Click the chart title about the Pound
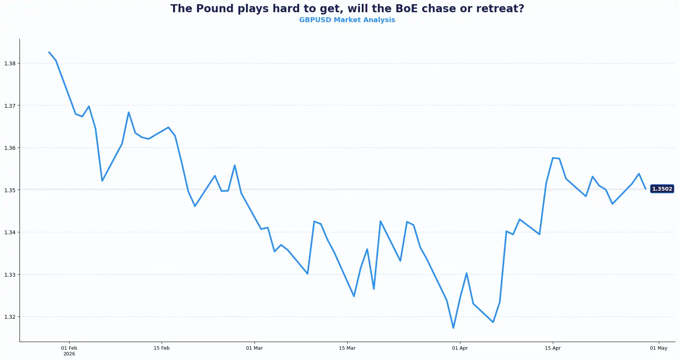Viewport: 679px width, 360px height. pyautogui.click(x=347, y=8)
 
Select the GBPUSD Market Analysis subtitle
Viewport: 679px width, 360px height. pyautogui.click(x=347, y=20)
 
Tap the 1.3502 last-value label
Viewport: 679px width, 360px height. pyautogui.click(x=662, y=189)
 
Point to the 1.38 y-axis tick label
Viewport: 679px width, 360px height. pyautogui.click(x=10, y=63)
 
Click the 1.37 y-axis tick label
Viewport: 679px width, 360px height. pyautogui.click(x=10, y=106)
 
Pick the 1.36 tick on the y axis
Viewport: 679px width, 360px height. pyautogui.click(x=10, y=148)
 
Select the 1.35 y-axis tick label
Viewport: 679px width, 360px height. pyautogui.click(x=10, y=190)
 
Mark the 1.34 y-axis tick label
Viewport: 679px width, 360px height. pyautogui.click(x=10, y=232)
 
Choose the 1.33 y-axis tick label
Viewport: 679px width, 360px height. pyautogui.click(x=10, y=275)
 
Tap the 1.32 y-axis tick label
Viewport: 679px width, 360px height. pyautogui.click(x=10, y=317)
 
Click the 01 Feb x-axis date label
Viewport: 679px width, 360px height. pyautogui.click(x=69, y=348)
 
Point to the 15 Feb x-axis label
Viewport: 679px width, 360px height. pyautogui.click(x=162, y=348)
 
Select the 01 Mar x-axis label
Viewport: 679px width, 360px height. pyautogui.click(x=254, y=348)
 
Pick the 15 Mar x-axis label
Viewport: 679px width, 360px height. pyautogui.click(x=347, y=348)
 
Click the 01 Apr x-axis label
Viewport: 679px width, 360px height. pyautogui.click(x=460, y=348)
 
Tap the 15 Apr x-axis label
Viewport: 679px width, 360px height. pyautogui.click(x=553, y=348)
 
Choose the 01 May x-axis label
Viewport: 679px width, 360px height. pyautogui.click(x=658, y=348)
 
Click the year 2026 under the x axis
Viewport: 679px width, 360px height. pyautogui.click(x=69, y=354)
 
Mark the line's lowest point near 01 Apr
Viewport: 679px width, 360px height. pyautogui.click(x=453, y=328)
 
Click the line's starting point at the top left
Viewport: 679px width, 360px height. pyautogui.click(x=49, y=52)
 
